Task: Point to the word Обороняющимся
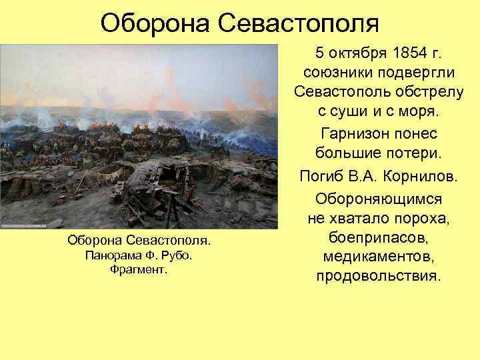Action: tap(379, 199)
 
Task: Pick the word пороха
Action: tap(425, 219)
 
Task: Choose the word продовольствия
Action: tap(379, 275)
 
